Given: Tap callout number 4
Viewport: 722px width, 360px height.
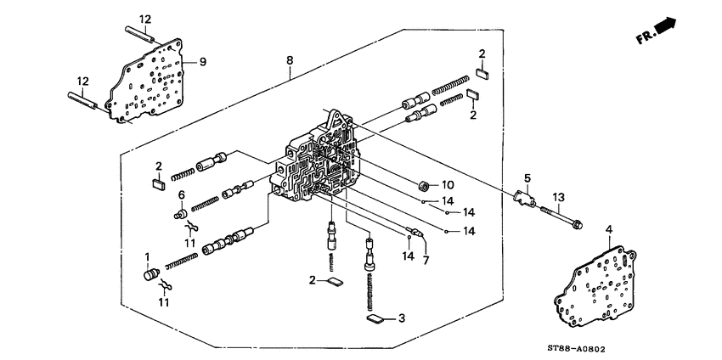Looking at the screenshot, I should click(609, 229).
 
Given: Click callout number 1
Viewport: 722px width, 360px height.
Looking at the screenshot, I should click(147, 256).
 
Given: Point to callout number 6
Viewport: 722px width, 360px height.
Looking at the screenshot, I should click(180, 196).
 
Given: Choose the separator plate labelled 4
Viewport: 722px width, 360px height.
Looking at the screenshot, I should click(600, 283).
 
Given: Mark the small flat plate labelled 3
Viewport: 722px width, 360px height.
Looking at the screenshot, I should click(374, 319).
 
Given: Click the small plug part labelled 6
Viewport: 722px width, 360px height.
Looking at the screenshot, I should click(180, 215).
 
